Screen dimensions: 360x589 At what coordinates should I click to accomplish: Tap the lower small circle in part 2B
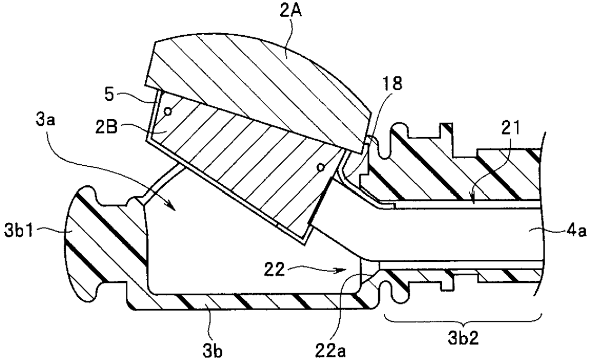pyautogui.click(x=322, y=167)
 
